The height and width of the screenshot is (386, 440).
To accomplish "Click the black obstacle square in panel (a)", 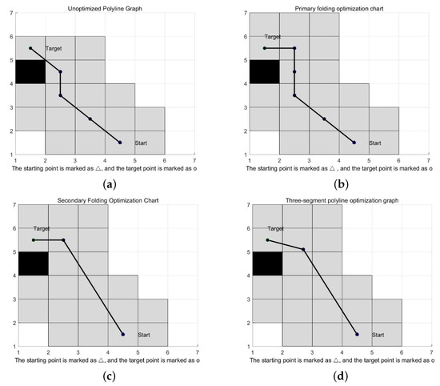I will pyautogui.click(x=30, y=71).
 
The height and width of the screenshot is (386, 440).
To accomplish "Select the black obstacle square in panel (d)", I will pyautogui.click(x=266, y=263).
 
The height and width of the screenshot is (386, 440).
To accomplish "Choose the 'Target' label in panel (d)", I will pyautogui.click(x=275, y=229).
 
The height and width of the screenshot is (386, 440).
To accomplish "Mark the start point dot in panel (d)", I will pyautogui.click(x=357, y=334).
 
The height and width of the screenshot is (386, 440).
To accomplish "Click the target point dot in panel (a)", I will pyautogui.click(x=30, y=48).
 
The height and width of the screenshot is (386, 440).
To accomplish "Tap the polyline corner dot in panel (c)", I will pyautogui.click(x=63, y=239).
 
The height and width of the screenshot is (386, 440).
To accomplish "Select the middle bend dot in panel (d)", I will pyautogui.click(x=303, y=249).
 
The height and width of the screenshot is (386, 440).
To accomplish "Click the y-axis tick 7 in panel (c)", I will pyautogui.click(x=13, y=205).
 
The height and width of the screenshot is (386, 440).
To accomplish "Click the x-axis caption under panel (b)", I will pyautogui.click(x=339, y=169).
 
